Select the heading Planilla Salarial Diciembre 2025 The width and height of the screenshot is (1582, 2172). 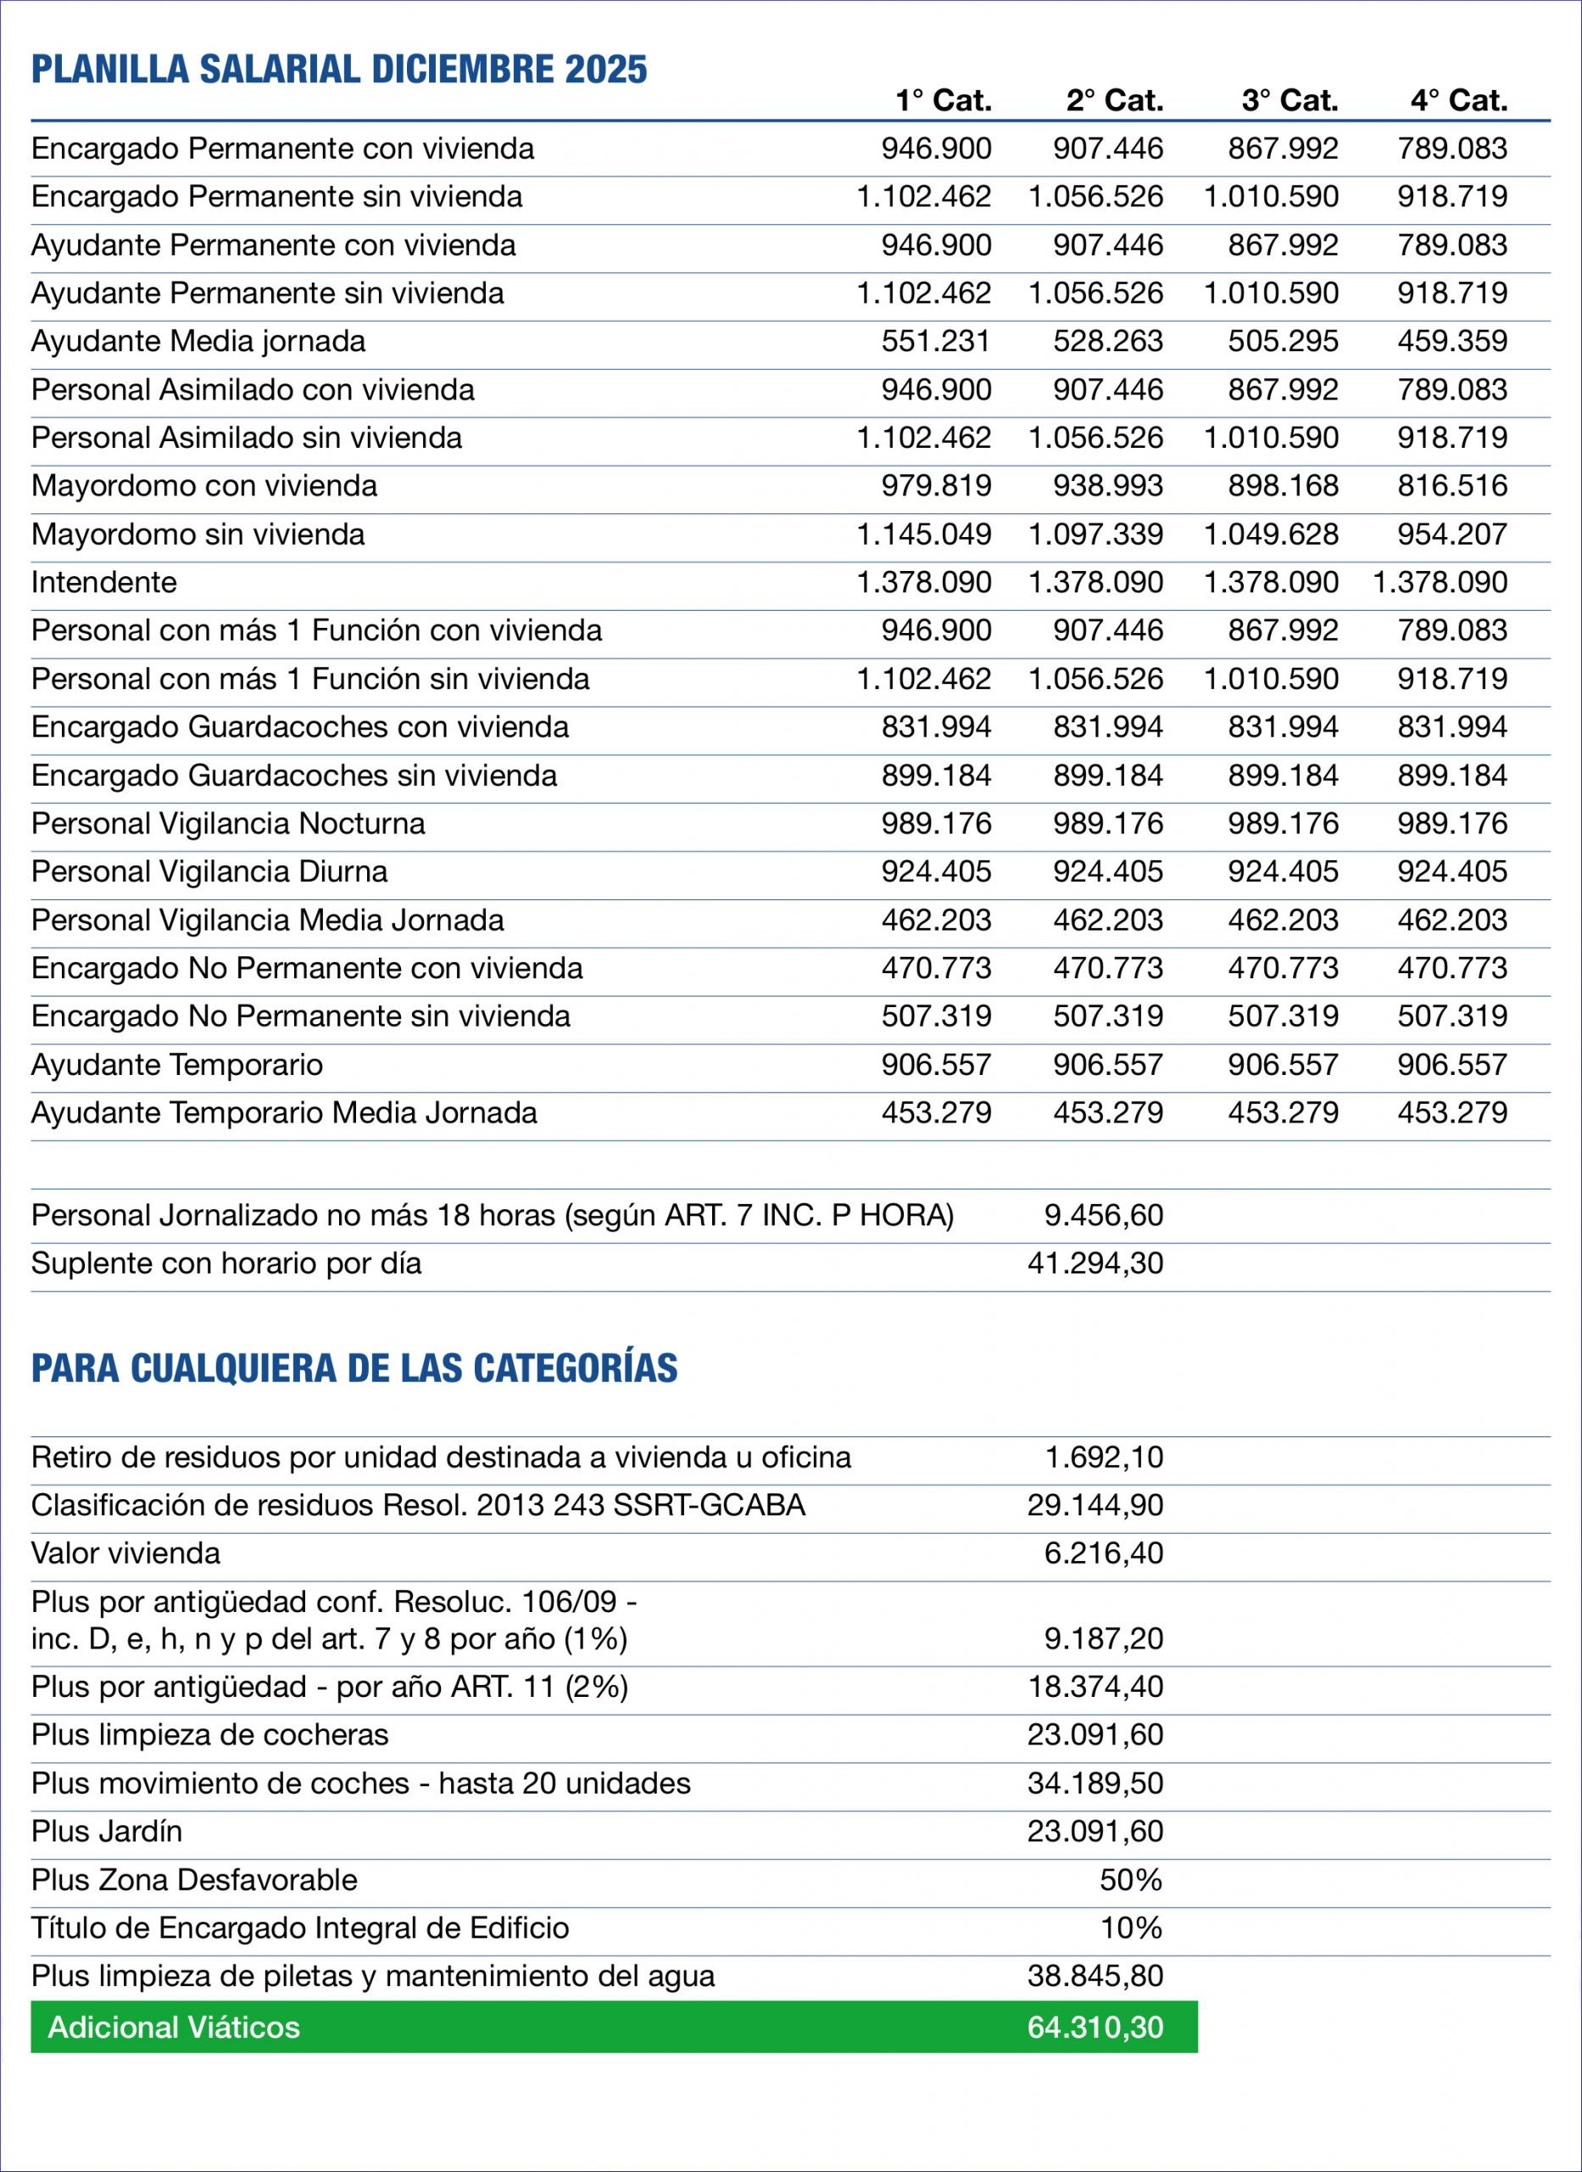[x=339, y=70]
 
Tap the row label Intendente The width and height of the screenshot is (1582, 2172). [x=103, y=583]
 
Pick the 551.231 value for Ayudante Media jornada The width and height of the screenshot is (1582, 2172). [x=936, y=341]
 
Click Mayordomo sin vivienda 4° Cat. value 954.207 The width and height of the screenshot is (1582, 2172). [x=1451, y=534]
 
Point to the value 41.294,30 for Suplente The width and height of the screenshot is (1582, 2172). [x=1095, y=1262]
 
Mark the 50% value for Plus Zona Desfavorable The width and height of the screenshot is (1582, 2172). [x=1130, y=1880]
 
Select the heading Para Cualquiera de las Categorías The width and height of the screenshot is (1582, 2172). [x=354, y=1369]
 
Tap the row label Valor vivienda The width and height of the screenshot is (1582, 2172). [x=125, y=1553]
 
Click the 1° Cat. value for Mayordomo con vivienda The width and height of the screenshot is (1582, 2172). [x=936, y=486]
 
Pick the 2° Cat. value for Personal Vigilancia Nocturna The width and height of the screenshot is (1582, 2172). [x=1108, y=823]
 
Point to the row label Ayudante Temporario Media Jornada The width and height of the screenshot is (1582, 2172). [x=283, y=1112]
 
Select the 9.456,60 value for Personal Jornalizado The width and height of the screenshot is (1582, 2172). [x=1103, y=1215]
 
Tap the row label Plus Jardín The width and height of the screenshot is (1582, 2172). [x=106, y=1831]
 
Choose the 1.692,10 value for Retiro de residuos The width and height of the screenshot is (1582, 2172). [x=1103, y=1458]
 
